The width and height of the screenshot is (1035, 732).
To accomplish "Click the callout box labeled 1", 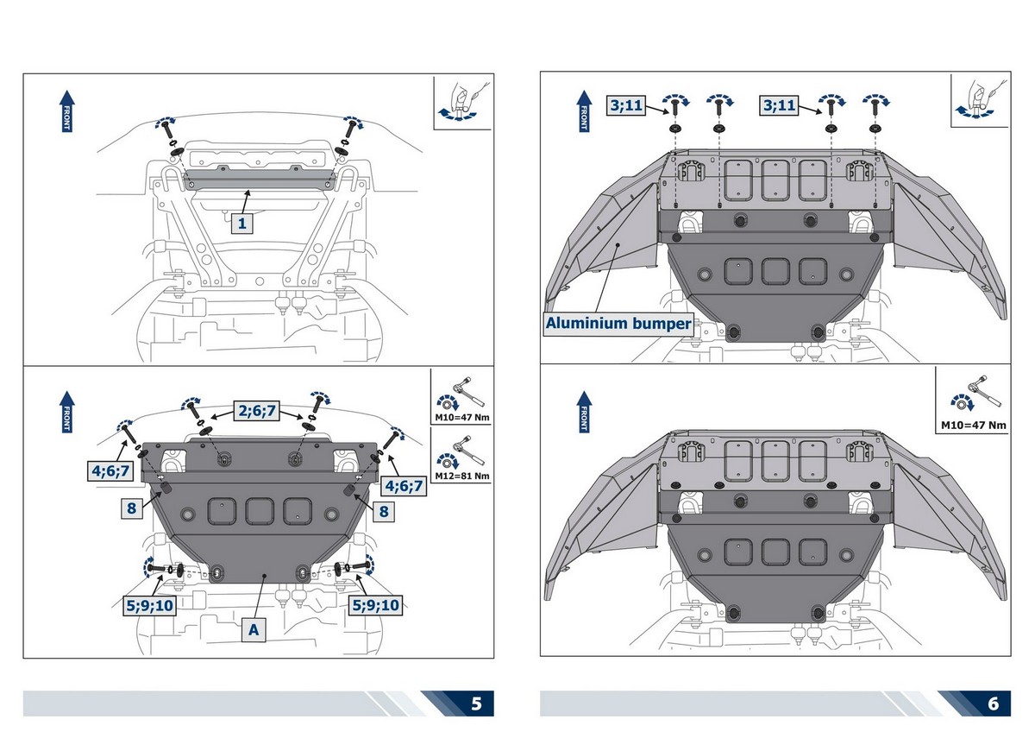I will click(x=243, y=224).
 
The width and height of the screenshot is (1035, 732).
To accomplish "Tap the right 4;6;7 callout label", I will click(x=404, y=485).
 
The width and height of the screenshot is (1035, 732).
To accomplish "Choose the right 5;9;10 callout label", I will click(x=375, y=605).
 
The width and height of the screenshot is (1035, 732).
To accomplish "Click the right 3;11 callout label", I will click(x=779, y=105).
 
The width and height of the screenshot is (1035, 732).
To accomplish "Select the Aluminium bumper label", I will click(x=618, y=324).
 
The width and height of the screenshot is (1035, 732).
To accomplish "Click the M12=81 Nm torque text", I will click(x=460, y=476).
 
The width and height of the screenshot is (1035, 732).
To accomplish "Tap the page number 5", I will click(x=476, y=703).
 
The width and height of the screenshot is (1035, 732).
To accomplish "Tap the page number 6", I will click(x=994, y=703).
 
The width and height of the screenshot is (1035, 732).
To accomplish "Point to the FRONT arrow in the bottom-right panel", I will click(x=583, y=409).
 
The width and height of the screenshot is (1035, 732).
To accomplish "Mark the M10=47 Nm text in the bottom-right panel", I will click(x=973, y=425).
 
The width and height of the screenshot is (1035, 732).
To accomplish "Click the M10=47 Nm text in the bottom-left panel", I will click(x=460, y=423).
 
